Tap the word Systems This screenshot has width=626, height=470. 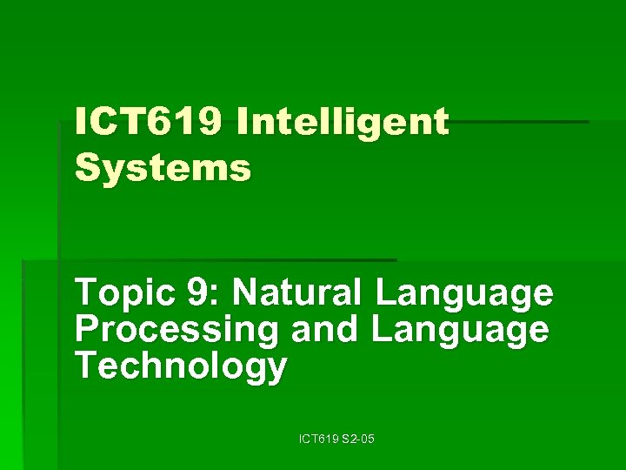(x=163, y=167)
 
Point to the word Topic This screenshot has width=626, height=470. (x=121, y=294)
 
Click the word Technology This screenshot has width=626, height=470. (x=180, y=367)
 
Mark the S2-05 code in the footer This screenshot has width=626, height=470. (x=358, y=441)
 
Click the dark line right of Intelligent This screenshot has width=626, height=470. (x=522, y=122)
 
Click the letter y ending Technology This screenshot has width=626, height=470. (x=276, y=371)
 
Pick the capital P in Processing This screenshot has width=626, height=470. (x=86, y=330)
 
